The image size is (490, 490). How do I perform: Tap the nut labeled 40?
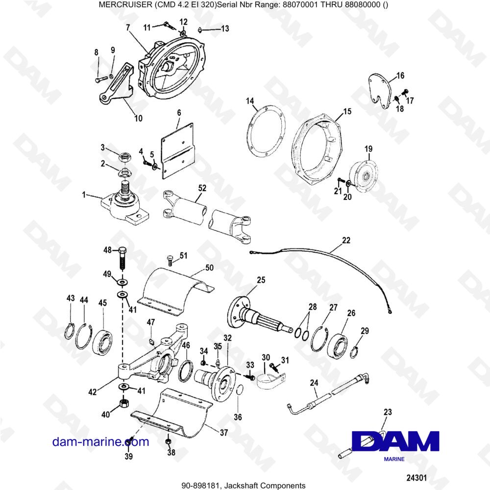(x=123, y=404)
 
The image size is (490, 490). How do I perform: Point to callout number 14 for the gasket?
(x=250, y=101)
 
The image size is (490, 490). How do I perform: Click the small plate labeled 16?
(x=380, y=88)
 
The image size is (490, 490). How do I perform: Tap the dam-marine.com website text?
(x=100, y=442)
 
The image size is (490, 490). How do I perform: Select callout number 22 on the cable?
(x=346, y=241)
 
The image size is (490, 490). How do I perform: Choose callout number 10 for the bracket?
(x=138, y=118)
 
